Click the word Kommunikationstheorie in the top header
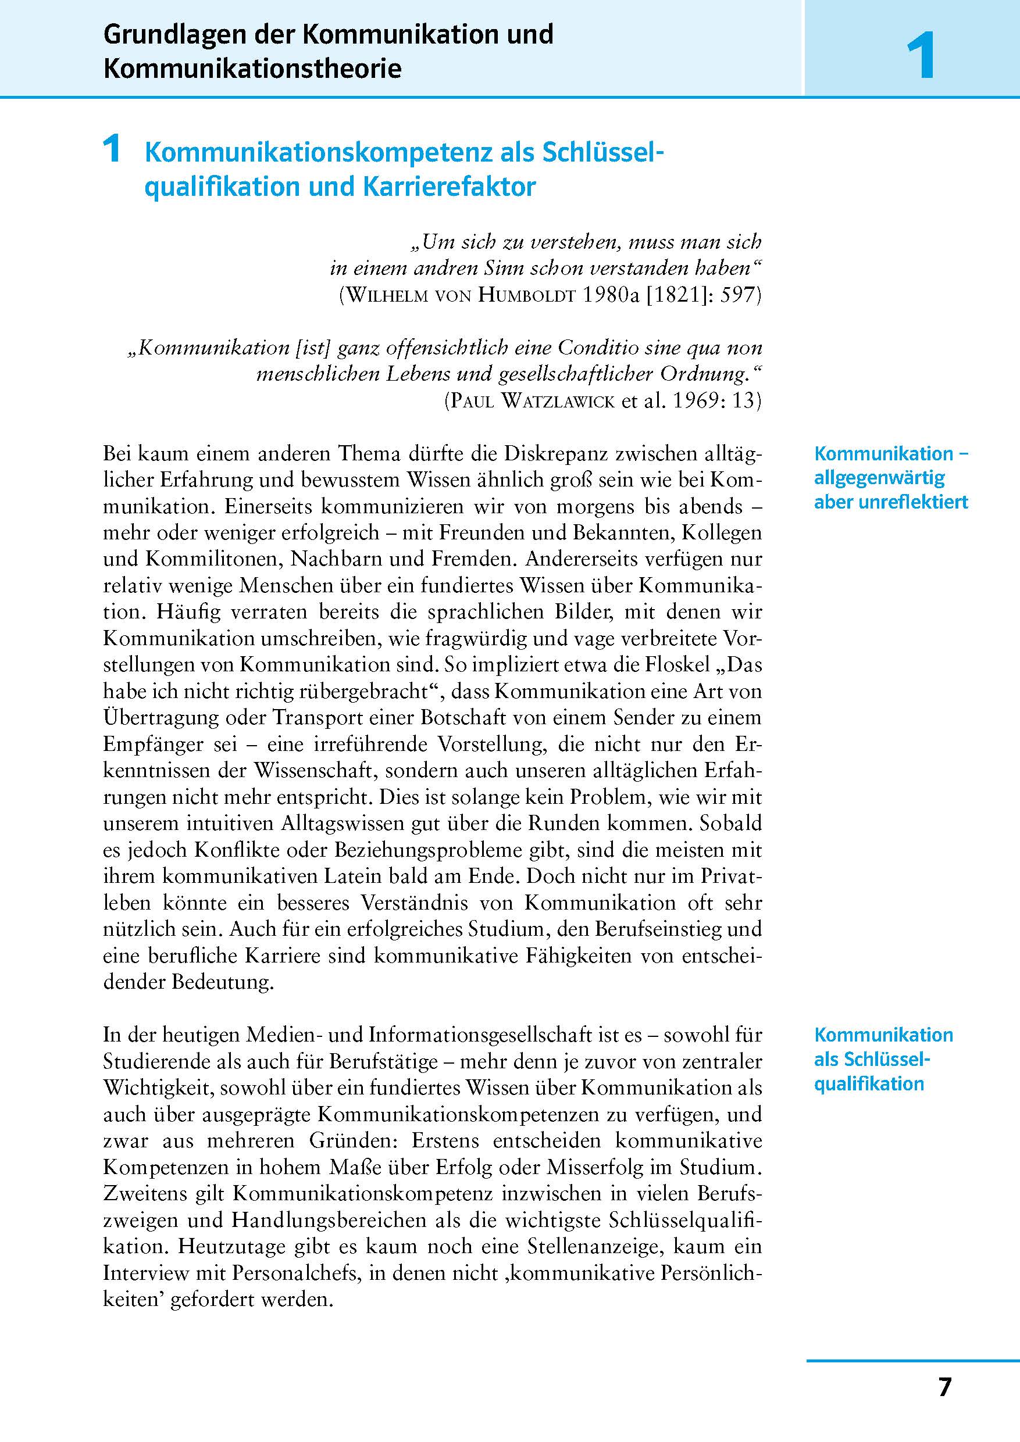[x=252, y=69]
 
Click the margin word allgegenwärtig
[x=879, y=478]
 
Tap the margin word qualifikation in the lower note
[x=869, y=1083]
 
